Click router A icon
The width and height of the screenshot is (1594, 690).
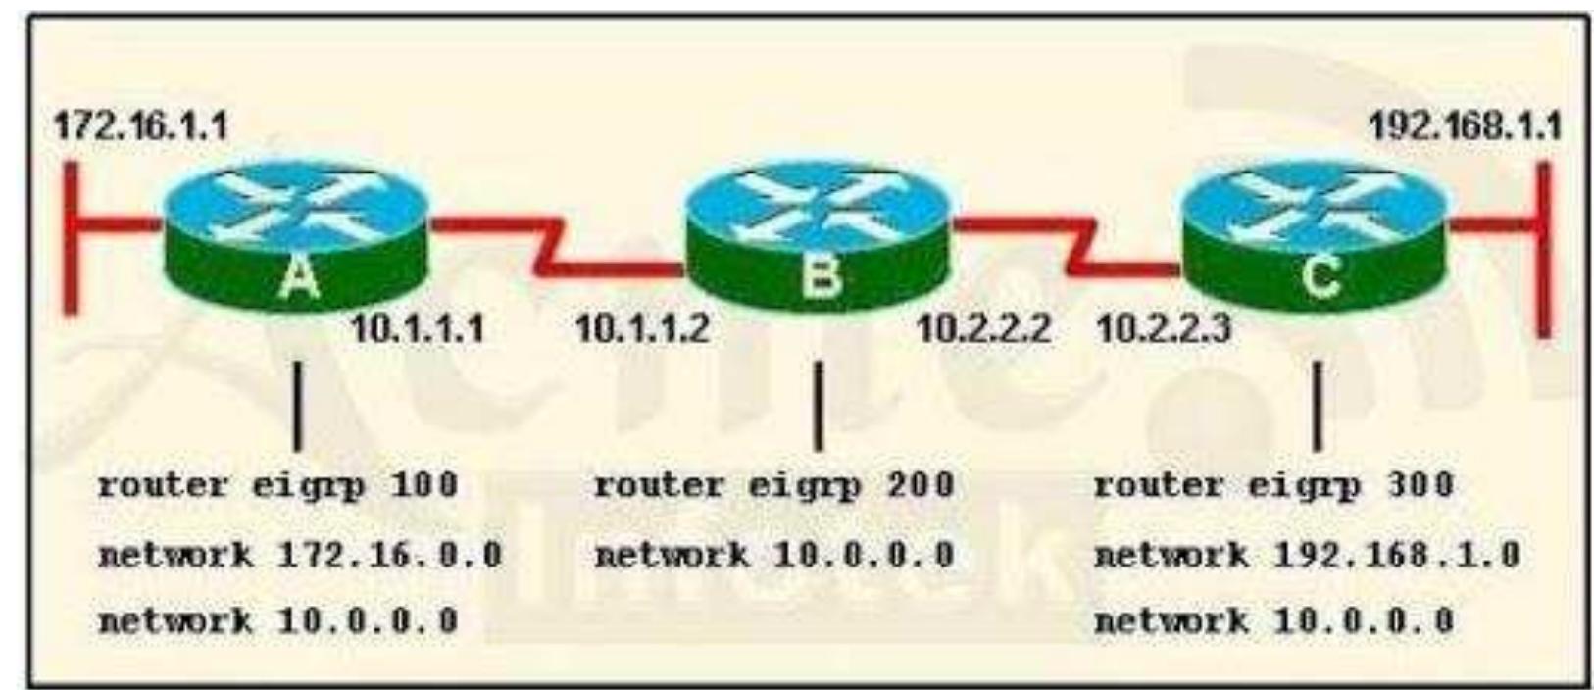click(x=297, y=235)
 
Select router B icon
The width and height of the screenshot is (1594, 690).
click(x=818, y=235)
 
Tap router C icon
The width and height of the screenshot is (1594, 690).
click(x=1315, y=235)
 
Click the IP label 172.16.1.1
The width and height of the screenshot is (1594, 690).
click(x=140, y=125)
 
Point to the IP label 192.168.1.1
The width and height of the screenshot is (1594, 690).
click(x=1465, y=125)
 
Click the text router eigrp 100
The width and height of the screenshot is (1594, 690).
click(x=277, y=485)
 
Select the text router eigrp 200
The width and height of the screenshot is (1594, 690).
click(x=774, y=485)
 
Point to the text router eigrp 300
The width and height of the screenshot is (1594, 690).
click(x=1272, y=485)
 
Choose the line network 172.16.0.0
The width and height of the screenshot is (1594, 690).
click(x=300, y=555)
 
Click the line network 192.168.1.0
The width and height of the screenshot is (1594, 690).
click(x=1307, y=555)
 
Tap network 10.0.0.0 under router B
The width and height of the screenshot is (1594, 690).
click(x=774, y=555)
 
